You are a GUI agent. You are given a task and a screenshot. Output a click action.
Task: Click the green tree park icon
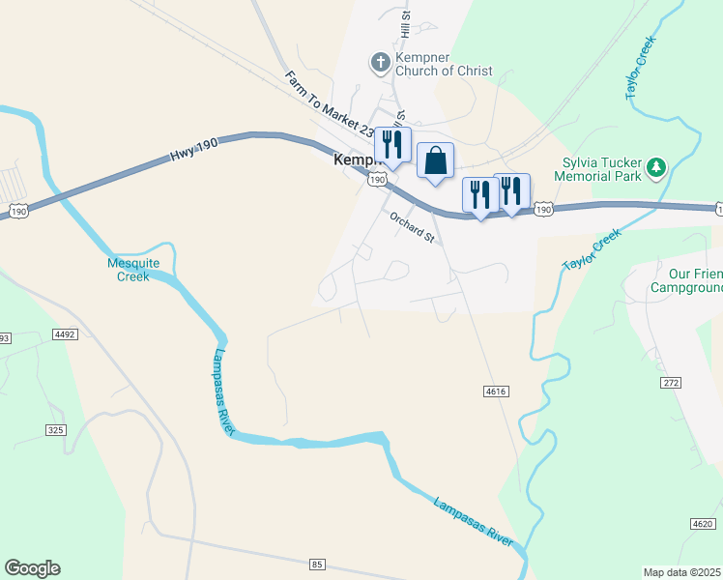click(657, 168)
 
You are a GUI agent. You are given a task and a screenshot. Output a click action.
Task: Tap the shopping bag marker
click(436, 161)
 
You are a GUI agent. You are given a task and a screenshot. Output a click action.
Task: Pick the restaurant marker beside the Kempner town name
click(392, 146)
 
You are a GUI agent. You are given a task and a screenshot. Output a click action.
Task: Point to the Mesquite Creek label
click(128, 270)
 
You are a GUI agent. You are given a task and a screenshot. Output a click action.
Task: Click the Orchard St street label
click(413, 227)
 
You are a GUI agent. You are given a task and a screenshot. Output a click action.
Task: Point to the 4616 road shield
click(496, 391)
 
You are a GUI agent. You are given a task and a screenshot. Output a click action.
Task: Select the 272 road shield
click(672, 383)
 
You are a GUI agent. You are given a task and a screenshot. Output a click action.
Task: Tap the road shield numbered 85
click(317, 564)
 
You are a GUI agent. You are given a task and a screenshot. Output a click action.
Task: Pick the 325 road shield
click(55, 429)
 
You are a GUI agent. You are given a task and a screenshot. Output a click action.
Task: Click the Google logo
click(32, 568)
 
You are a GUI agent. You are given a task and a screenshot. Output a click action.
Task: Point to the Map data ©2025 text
click(680, 572)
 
